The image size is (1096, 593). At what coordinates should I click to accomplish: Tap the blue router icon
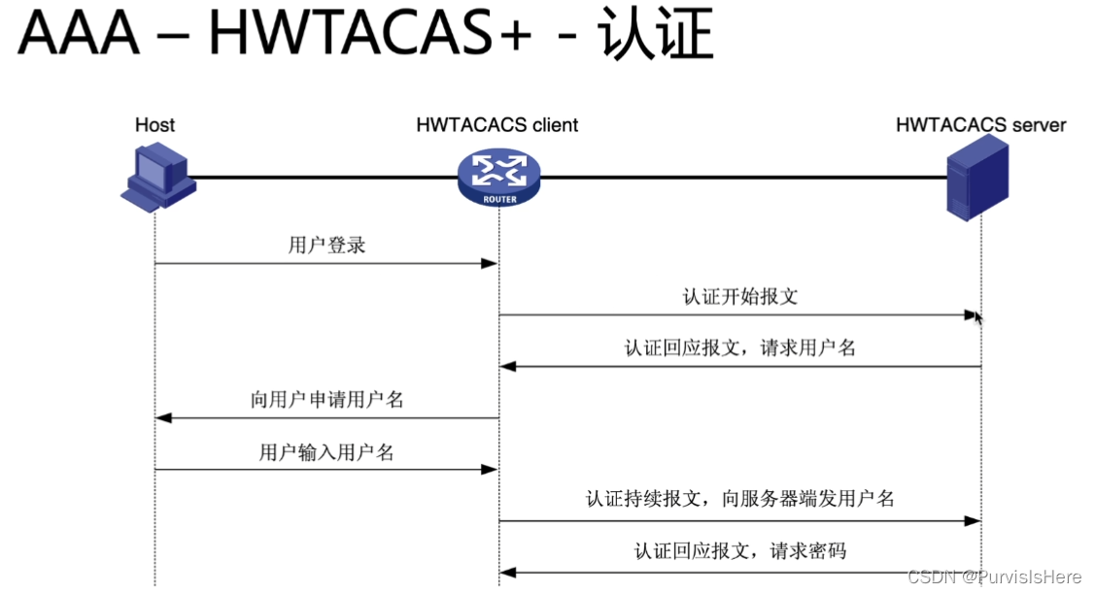coord(498,176)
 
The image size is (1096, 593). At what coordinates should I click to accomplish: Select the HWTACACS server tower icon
coord(976,179)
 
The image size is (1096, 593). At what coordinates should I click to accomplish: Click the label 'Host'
coord(155,125)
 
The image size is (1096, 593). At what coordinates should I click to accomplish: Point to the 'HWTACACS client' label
coord(497,125)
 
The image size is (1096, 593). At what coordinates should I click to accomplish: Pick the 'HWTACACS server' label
coord(980,125)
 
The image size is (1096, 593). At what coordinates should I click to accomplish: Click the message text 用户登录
coord(326,245)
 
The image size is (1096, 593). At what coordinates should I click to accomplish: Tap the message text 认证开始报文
coord(739,296)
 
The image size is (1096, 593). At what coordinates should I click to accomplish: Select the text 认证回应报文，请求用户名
coord(739,347)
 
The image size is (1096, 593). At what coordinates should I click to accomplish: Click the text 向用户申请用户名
coord(326,399)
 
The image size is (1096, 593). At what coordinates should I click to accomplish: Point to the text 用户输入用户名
coord(326,451)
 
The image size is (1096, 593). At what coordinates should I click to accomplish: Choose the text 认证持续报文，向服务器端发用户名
coord(739,500)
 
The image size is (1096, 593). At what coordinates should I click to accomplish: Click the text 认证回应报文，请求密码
coord(739,551)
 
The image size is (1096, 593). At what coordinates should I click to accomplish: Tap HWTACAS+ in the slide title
coord(370,37)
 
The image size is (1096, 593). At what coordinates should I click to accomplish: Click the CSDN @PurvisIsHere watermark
coord(993,577)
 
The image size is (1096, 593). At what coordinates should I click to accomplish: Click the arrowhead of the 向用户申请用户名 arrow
coord(163,418)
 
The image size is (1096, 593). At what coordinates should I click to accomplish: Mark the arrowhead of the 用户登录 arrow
coord(491,263)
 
